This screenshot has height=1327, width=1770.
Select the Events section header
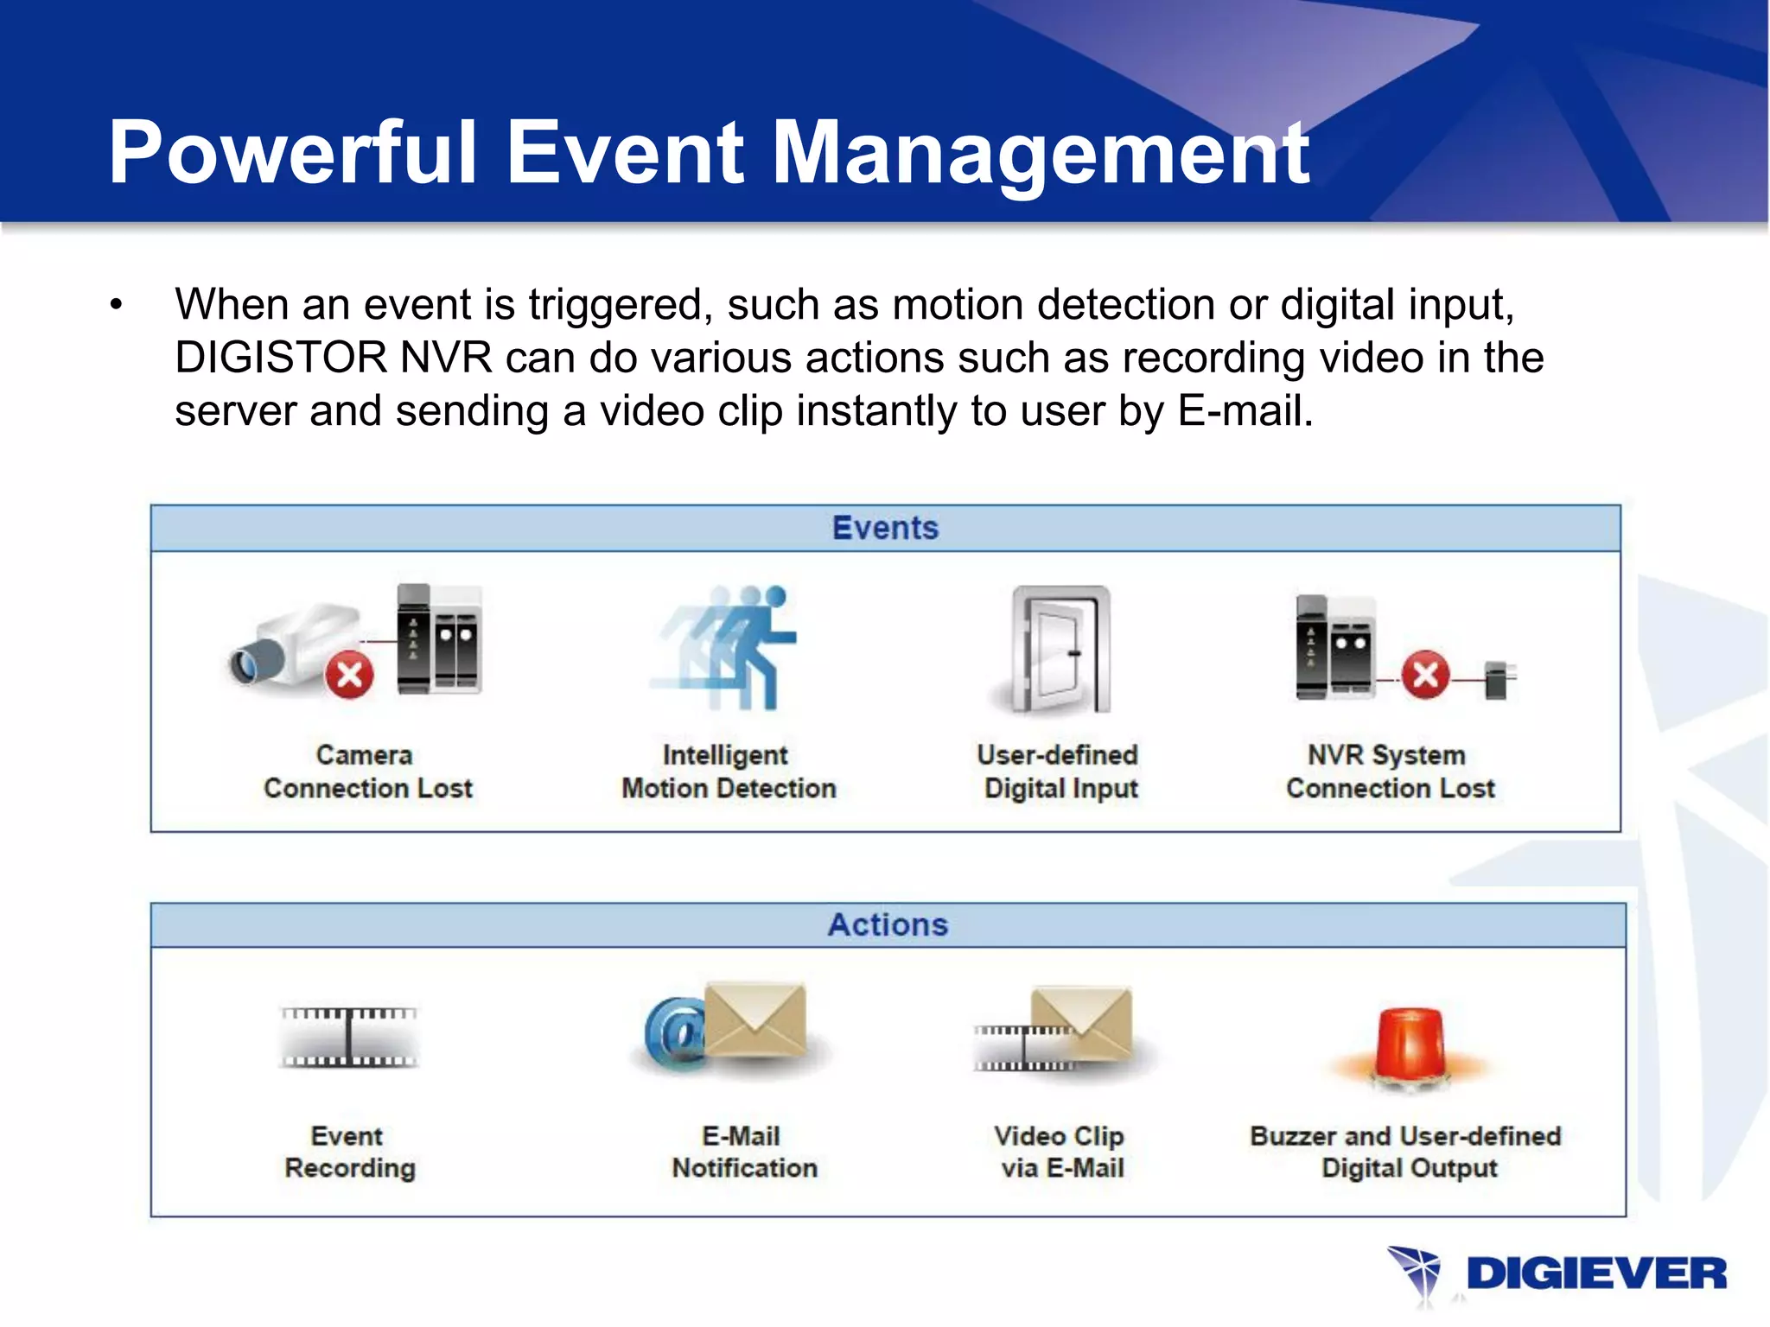885,528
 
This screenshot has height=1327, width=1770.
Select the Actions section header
888,924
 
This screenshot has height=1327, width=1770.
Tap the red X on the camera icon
349,675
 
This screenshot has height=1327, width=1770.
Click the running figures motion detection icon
730,648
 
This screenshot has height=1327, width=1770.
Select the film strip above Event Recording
349,1037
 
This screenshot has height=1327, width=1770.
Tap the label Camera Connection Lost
367,771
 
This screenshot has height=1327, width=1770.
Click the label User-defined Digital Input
1059,771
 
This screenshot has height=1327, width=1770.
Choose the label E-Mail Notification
744,1152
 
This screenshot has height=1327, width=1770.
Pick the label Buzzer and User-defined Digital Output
1406,1152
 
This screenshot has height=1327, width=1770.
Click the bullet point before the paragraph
117,305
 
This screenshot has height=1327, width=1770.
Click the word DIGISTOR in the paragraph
280,358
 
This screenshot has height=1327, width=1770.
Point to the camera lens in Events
245,665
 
